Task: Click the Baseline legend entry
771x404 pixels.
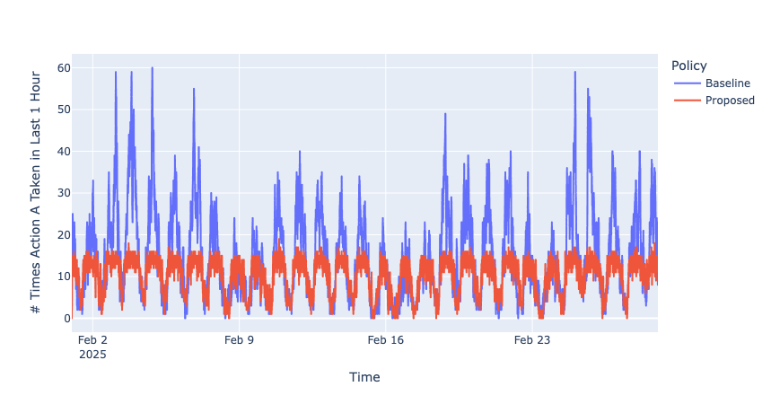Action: click(x=727, y=83)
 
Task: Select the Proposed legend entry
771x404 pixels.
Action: click(x=730, y=101)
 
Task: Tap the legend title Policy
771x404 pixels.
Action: click(x=688, y=66)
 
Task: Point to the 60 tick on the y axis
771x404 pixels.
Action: click(x=64, y=68)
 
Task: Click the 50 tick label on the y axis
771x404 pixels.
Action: click(x=64, y=110)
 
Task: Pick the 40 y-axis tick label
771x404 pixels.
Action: click(x=64, y=152)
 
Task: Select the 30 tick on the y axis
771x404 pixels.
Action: click(x=64, y=193)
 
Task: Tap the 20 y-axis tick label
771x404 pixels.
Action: click(x=64, y=234)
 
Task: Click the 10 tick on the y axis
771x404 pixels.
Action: click(x=64, y=277)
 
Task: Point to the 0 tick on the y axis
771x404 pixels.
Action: click(x=67, y=318)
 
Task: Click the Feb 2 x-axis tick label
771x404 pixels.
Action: click(x=92, y=340)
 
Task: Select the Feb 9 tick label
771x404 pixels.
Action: click(x=239, y=340)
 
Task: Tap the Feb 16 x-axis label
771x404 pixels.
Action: click(x=386, y=340)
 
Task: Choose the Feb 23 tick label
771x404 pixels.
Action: click(x=532, y=340)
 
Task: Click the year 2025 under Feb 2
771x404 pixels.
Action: click(x=92, y=355)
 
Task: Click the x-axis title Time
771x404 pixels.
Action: click(x=364, y=378)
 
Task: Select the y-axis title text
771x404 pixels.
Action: click(x=36, y=192)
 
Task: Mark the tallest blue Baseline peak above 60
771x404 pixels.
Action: click(x=152, y=68)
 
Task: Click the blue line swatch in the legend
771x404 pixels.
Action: click(x=687, y=83)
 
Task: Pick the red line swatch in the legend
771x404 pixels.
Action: click(x=687, y=101)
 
